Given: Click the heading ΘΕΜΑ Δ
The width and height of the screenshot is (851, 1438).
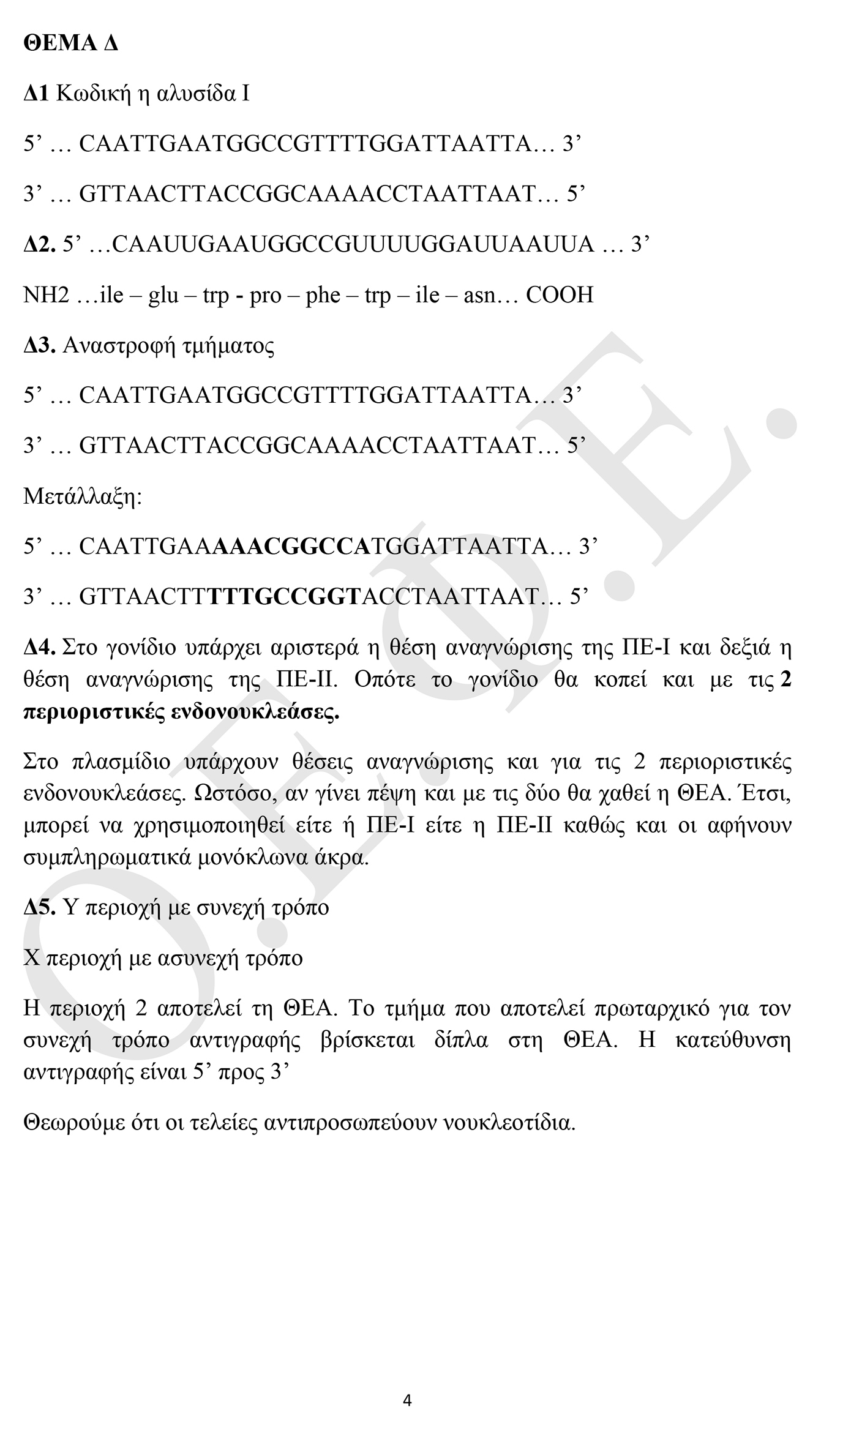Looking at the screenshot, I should (70, 43).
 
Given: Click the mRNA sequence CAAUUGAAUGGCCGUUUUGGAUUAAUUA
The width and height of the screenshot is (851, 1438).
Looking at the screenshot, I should (353, 244).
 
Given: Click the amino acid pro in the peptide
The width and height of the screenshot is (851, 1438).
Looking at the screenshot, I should (265, 295).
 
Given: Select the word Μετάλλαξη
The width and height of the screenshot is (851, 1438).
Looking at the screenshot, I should (82, 496).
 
